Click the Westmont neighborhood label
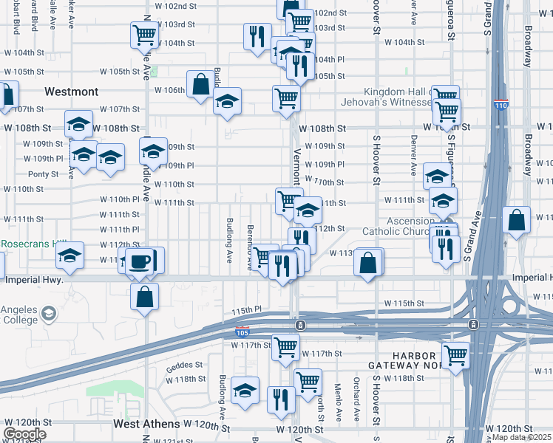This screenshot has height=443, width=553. (x=71, y=92)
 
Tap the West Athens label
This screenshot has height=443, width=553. (x=146, y=425)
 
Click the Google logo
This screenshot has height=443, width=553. (x=24, y=434)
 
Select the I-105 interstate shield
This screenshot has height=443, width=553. (x=242, y=332)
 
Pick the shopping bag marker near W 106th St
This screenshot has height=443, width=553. (x=200, y=85)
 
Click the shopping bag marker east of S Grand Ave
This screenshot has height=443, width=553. (x=516, y=220)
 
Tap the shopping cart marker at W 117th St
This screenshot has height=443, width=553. (x=285, y=346)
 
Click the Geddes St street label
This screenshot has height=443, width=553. (x=184, y=365)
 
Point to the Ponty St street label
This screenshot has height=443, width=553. (x=43, y=174)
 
